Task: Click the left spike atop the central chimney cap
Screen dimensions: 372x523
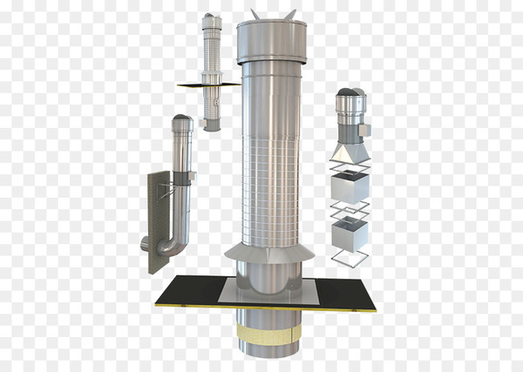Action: (254, 14)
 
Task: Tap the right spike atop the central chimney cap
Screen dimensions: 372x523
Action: (290, 14)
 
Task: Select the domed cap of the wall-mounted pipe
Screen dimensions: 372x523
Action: (181, 119)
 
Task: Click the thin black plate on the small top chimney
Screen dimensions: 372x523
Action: (207, 85)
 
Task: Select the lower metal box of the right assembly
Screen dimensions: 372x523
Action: (350, 232)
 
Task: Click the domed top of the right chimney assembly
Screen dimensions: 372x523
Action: (348, 95)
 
